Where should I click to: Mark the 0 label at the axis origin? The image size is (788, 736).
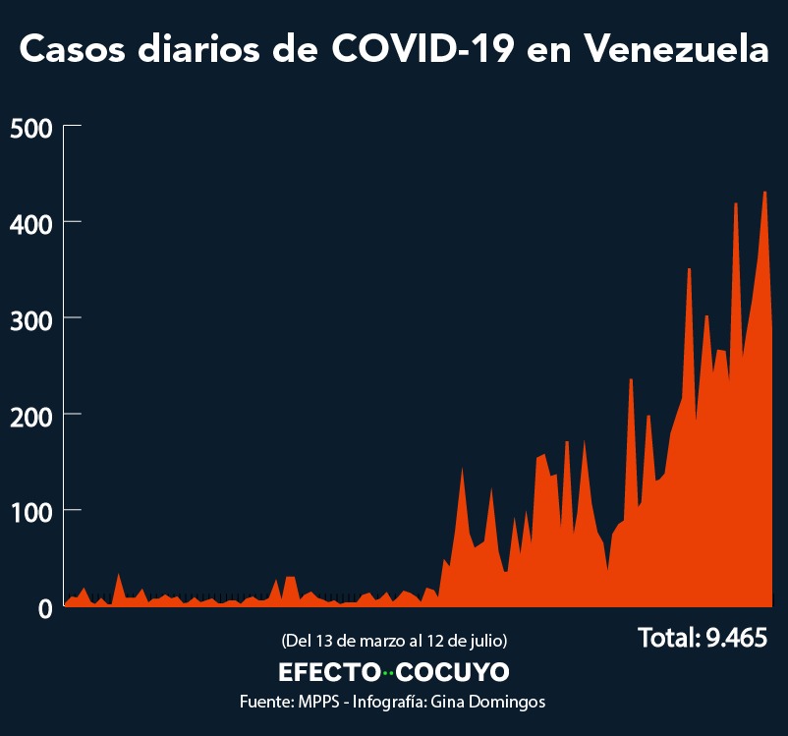44,608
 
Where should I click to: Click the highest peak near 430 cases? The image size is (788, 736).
764,193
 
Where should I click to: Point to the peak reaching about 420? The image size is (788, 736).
736,204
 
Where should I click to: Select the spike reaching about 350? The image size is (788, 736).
689,269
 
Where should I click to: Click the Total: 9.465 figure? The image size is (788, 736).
702,638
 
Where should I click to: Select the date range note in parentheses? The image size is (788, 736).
394,641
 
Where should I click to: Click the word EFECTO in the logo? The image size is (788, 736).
329,672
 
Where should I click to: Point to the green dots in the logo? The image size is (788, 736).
388,673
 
